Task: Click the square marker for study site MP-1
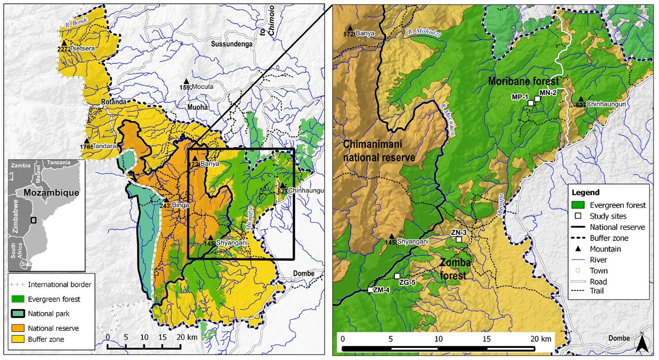530,103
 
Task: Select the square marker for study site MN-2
537,99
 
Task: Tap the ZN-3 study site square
459,239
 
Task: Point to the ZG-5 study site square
397,276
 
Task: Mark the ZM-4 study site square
370,290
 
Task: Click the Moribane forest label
523,81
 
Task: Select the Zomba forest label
455,269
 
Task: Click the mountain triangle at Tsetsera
64,43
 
